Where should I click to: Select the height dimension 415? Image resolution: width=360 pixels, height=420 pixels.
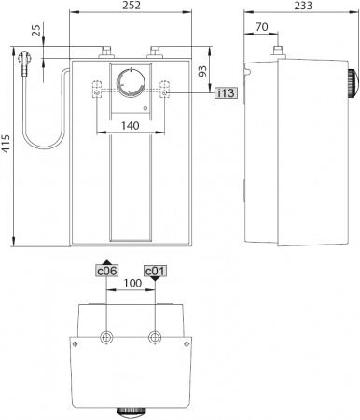click(7, 145)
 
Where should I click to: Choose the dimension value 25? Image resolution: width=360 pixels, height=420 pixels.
click(35, 33)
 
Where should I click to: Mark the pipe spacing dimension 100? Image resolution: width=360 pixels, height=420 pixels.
click(132, 282)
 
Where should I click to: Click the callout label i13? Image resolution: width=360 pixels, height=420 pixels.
click(226, 93)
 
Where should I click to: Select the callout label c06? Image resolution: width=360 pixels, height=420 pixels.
click(107, 272)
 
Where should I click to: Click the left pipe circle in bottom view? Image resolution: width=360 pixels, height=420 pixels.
click(108, 336)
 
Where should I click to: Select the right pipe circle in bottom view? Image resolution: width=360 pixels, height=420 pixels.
click(156, 336)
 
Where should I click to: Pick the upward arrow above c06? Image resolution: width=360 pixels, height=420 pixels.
click(107, 262)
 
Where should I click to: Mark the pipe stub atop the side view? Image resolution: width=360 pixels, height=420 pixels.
click(277, 49)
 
